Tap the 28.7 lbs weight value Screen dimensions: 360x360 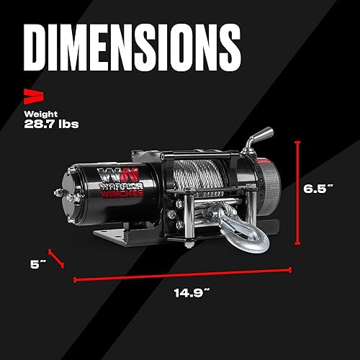pos(50,124)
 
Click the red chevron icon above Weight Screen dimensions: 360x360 pos(31,94)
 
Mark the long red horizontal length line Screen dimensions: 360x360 pos(182,274)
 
